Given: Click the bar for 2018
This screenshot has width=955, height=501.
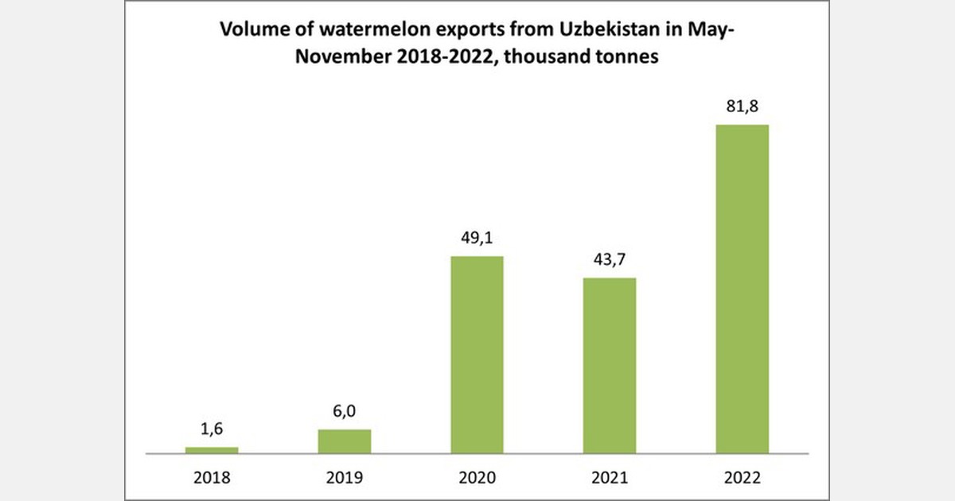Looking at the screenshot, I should pyautogui.click(x=212, y=450).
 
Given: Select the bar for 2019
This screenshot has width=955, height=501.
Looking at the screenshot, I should pyautogui.click(x=344, y=441).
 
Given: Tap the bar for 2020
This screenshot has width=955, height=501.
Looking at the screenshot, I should pyautogui.click(x=477, y=355).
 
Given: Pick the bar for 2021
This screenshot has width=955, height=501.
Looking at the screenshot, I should pyautogui.click(x=610, y=366).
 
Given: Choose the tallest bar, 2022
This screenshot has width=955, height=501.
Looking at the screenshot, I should pyautogui.click(x=742, y=289).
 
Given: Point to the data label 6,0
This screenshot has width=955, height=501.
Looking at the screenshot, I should pyautogui.click(x=344, y=413).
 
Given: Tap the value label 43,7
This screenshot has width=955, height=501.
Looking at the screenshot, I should pyautogui.click(x=610, y=262).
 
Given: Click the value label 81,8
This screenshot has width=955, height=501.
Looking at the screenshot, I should pyautogui.click(x=742, y=107).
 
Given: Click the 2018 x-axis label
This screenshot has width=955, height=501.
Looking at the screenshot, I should pyautogui.click(x=212, y=478).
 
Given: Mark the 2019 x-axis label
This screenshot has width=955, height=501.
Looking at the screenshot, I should pyautogui.click(x=344, y=478).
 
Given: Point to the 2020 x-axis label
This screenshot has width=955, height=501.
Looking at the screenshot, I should pyautogui.click(x=477, y=478).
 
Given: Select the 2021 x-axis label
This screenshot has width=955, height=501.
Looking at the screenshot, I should pyautogui.click(x=610, y=478).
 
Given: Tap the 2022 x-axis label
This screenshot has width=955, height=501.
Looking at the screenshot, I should pyautogui.click(x=742, y=478).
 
